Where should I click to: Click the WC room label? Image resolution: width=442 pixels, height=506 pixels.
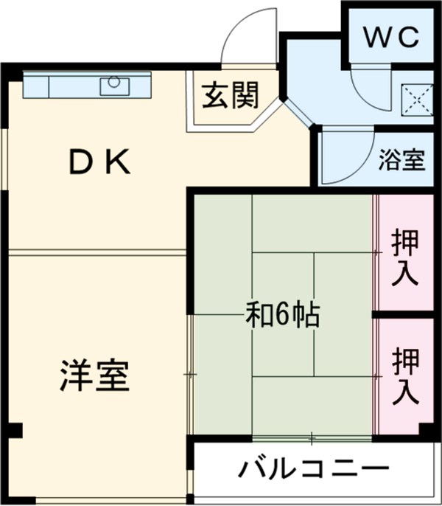pos(390,35)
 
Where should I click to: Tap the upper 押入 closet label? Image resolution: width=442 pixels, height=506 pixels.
pos(404,257)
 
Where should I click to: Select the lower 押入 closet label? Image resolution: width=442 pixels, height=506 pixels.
pos(404,376)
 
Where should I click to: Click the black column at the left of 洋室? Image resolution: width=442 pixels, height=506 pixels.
pos(16,429)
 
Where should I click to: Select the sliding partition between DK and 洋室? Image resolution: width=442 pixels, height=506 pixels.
pos(96,252)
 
